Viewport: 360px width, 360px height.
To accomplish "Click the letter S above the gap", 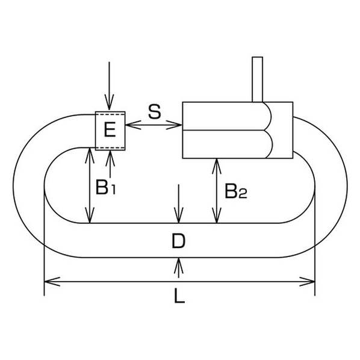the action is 155,112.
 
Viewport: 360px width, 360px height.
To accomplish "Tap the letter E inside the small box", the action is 110,129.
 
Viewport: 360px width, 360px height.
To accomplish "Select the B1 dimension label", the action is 105,187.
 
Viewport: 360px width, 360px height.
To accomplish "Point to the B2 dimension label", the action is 235,191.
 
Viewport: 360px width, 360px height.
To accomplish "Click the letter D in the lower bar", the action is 178,241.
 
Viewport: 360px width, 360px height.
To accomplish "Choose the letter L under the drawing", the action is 179,296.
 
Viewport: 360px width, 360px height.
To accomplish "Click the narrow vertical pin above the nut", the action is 258,79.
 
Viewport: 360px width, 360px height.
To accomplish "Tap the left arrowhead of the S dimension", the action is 133,125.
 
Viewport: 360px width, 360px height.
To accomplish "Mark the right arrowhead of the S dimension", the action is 174,125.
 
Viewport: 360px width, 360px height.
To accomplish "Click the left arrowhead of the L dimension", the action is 52,282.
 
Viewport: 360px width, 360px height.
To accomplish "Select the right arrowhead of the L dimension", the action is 307,282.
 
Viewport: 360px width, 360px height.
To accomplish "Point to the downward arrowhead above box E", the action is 110,102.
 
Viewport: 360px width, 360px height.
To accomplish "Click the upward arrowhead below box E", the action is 110,158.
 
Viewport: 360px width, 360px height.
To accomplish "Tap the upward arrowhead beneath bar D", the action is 179,266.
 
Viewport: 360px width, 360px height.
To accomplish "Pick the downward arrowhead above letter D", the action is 179,215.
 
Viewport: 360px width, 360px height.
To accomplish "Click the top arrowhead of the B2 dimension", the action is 217,166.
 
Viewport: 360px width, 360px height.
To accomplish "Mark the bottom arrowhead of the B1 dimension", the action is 90,215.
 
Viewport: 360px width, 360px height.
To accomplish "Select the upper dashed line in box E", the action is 110,114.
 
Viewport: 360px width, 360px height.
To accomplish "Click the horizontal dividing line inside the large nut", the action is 224,130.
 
